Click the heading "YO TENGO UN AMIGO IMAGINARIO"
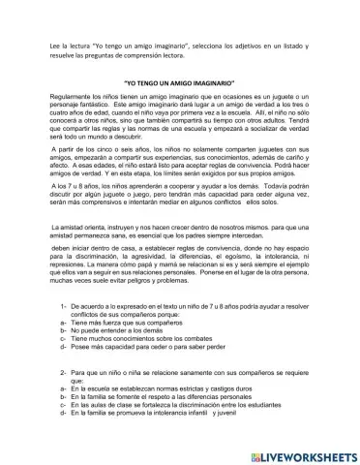180,85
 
